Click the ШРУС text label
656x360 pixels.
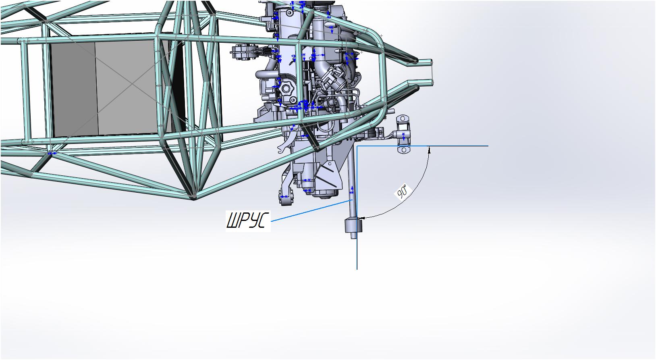248,221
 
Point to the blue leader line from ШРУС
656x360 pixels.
312,210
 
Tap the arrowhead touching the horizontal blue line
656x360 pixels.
429,150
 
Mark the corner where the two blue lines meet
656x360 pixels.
357,146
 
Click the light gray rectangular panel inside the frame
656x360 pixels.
126,88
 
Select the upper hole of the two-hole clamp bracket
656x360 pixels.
403,119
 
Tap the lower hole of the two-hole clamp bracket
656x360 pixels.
404,150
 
